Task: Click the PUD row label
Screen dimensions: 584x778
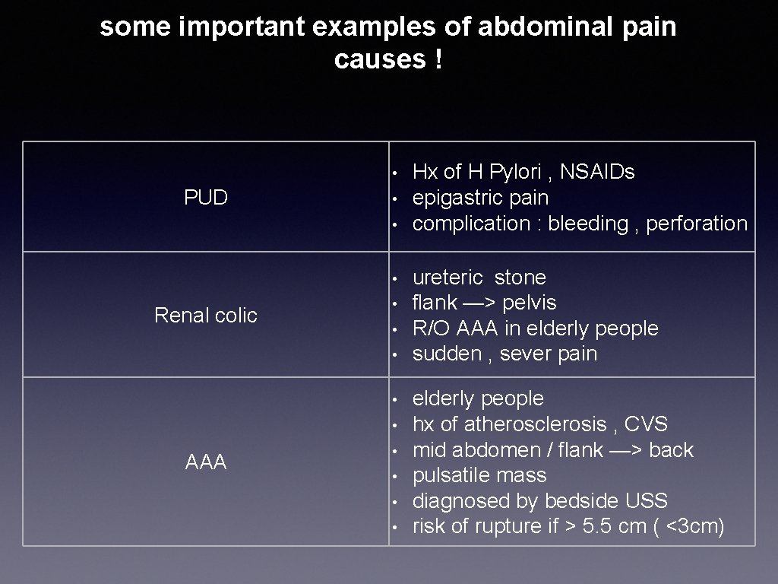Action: pyautogui.click(x=206, y=198)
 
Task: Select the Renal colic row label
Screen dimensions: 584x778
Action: pyautogui.click(x=206, y=315)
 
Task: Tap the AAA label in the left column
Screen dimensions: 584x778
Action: pyautogui.click(x=206, y=462)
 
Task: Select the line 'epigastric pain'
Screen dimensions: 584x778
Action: pyautogui.click(x=480, y=198)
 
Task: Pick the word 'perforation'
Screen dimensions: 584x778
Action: pyautogui.click(x=697, y=224)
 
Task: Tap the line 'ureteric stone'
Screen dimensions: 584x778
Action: pyautogui.click(x=479, y=277)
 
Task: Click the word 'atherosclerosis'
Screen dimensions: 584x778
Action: pyautogui.click(x=533, y=424)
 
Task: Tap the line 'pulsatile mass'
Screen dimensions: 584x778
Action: pyautogui.click(x=479, y=475)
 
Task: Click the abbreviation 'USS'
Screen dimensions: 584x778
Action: pyautogui.click(x=644, y=501)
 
